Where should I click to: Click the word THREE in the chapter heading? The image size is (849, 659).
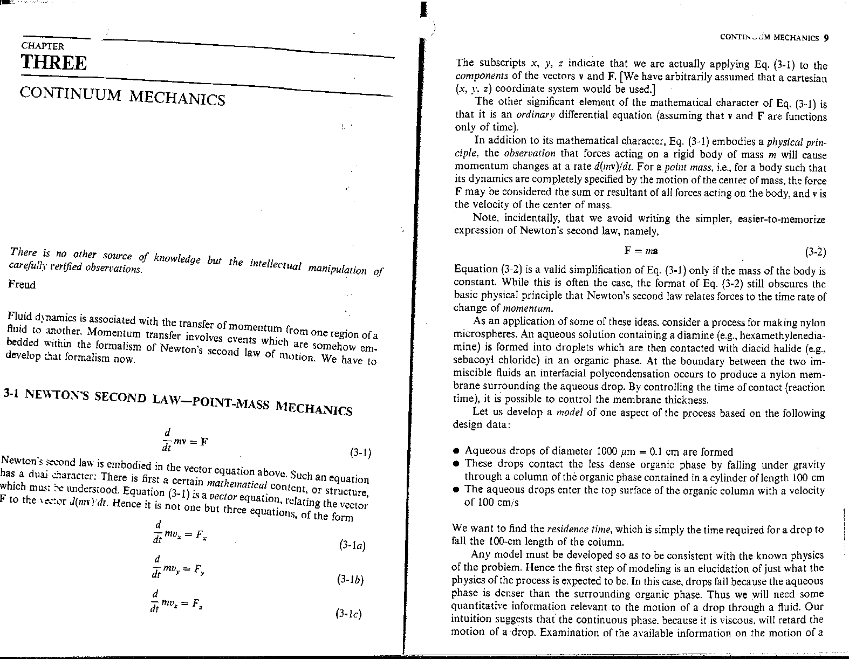53,63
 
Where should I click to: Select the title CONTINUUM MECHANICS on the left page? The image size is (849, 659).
122,97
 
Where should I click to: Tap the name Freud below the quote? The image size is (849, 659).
22,285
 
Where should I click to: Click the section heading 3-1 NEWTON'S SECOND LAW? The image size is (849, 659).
178,402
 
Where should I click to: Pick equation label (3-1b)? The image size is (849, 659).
350,580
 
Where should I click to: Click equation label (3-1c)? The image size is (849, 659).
348,614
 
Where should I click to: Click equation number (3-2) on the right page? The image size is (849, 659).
815,252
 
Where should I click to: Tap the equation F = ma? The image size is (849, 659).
641,251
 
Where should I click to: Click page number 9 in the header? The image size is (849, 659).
825,38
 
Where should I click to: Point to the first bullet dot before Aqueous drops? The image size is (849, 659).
456,451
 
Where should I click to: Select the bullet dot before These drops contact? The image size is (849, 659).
456,464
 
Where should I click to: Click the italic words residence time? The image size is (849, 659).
579,530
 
